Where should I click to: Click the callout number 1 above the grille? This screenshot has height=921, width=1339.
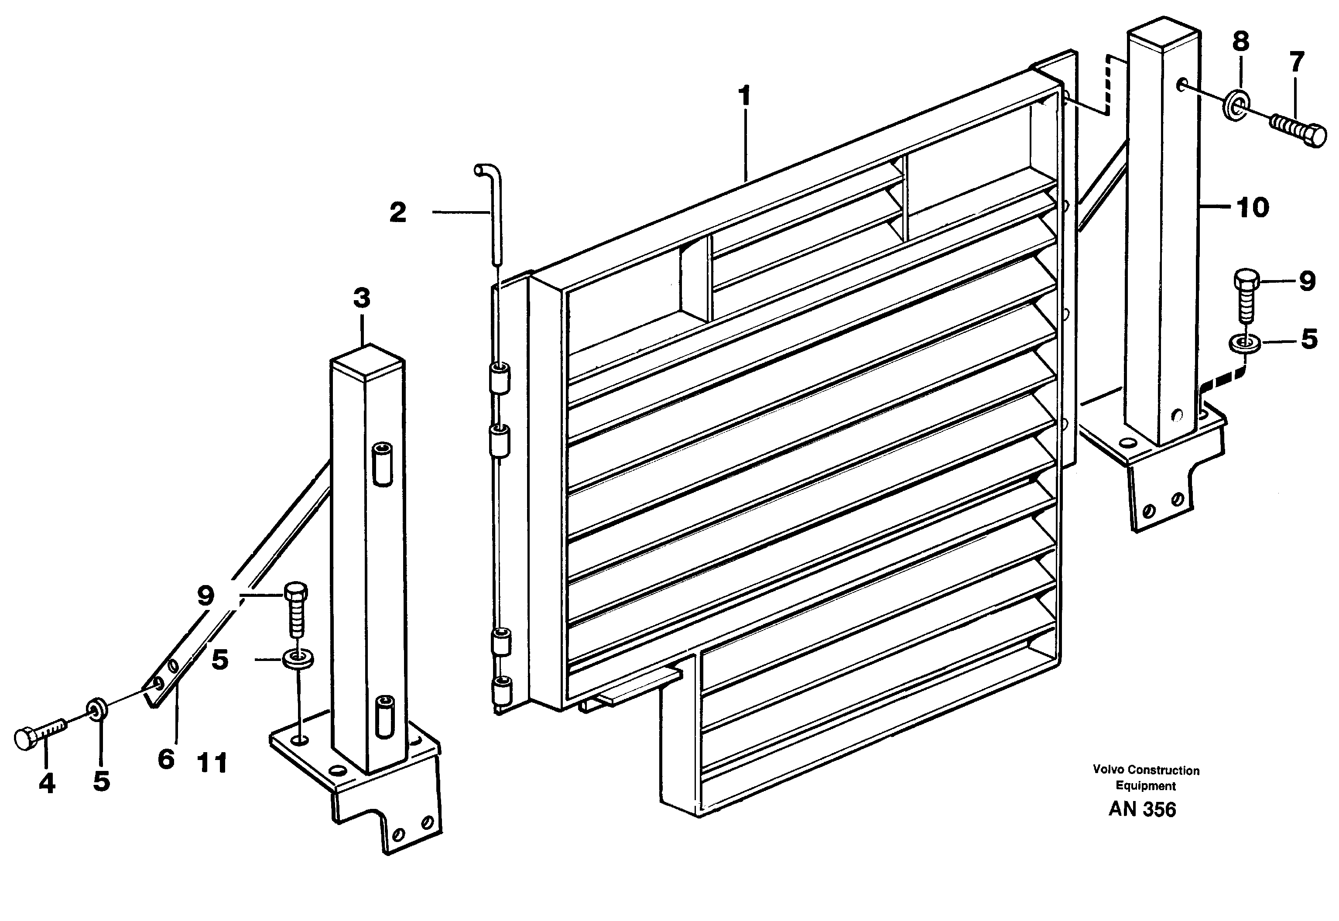(745, 96)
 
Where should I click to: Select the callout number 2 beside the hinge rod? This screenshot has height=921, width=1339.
(397, 213)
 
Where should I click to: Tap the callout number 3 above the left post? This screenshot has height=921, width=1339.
(361, 299)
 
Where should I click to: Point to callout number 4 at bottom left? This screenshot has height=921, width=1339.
(47, 783)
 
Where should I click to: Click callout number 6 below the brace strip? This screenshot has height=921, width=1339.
(165, 759)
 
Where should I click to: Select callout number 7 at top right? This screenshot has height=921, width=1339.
(1296, 62)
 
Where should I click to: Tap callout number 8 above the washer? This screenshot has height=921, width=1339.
(1240, 41)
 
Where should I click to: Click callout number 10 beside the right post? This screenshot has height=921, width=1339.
(1252, 207)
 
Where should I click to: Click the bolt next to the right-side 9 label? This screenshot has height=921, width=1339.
(1245, 295)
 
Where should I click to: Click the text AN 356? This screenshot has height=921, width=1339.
(1142, 810)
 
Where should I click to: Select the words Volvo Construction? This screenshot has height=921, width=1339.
(1146, 770)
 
